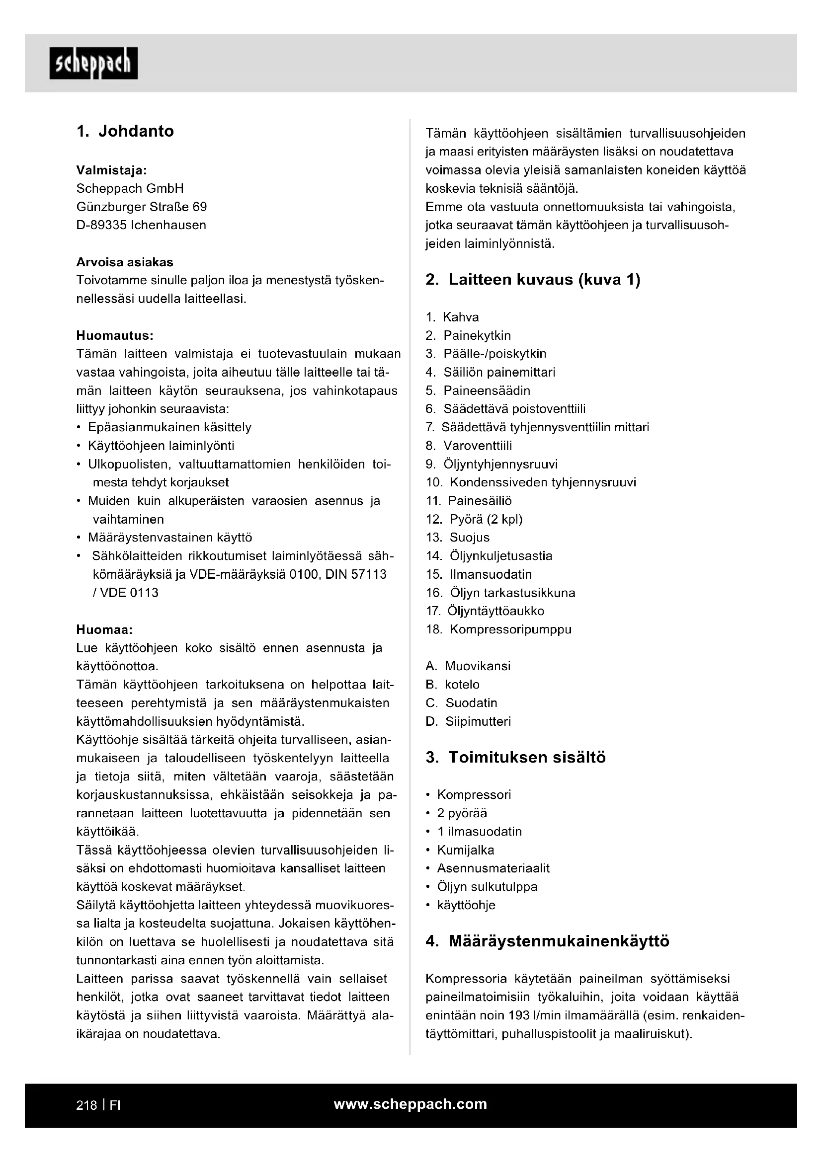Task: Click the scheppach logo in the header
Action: click(93, 63)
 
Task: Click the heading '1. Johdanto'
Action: click(125, 132)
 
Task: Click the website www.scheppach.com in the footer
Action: click(410, 1104)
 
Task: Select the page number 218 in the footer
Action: click(86, 1105)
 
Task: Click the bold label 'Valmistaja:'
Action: click(111, 170)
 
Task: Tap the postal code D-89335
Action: click(101, 225)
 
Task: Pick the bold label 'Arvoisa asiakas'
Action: click(125, 262)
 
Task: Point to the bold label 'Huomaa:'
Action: click(104, 629)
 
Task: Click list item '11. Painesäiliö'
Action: click(469, 501)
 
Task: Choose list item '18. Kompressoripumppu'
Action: click(498, 629)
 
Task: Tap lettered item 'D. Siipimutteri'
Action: click(468, 722)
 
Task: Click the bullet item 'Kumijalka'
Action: click(465, 850)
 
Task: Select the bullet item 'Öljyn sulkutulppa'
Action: click(487, 887)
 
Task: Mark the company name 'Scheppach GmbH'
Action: click(130, 189)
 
